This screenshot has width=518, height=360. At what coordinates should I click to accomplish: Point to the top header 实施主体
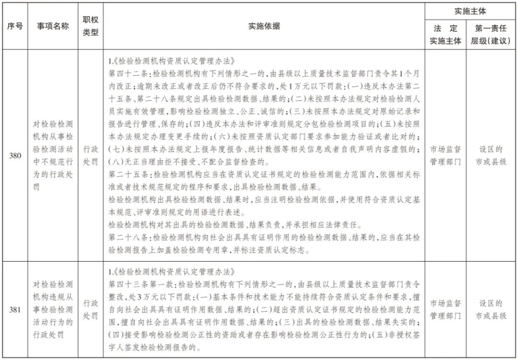point(470,11)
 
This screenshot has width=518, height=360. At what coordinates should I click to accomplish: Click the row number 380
point(14,156)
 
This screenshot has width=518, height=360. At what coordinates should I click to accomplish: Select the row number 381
point(14,310)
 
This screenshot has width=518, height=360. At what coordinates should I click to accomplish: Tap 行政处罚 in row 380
point(91,156)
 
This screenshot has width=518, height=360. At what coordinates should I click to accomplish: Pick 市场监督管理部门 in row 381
point(445,310)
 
